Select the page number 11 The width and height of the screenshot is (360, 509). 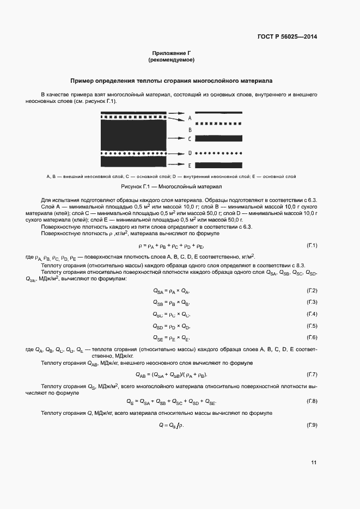[x=314, y=463]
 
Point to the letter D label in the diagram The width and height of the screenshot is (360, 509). [x=190, y=153]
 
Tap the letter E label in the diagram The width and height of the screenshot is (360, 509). [x=190, y=165]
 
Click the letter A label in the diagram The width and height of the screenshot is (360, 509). [x=190, y=118]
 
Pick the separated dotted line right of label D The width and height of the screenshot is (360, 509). [x=218, y=153]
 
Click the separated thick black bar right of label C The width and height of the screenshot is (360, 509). [x=218, y=139]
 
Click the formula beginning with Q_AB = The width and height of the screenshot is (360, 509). [x=171, y=375]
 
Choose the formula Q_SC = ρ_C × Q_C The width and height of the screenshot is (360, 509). [x=171, y=315]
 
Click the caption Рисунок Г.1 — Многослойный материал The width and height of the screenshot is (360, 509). [x=171, y=186]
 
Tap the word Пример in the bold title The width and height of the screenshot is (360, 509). [x=83, y=81]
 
